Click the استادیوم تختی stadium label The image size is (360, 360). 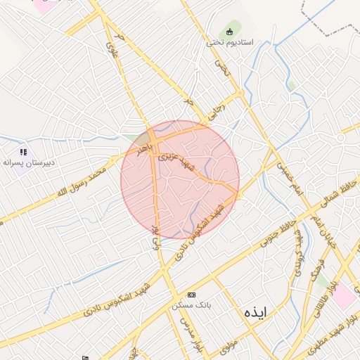tap(224, 42)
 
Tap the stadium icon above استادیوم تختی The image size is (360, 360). tap(229, 31)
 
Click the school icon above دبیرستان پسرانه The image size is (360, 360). tap(23, 152)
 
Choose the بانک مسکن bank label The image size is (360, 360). tap(191, 306)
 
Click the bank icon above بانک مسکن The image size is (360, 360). tap(191, 295)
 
